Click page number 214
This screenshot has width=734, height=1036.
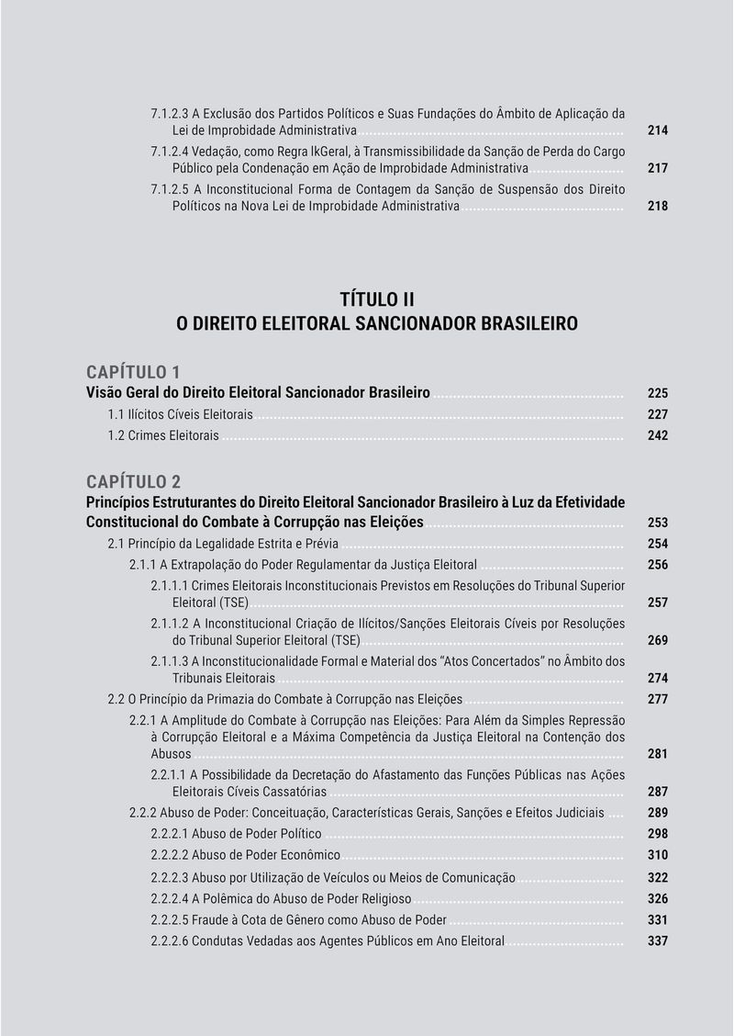pos(657,131)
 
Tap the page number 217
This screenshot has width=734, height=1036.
pos(657,169)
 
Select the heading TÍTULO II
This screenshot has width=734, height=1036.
pos(377,299)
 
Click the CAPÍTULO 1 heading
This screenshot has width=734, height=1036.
pos(133,372)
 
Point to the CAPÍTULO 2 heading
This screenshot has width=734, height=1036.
pos(133,481)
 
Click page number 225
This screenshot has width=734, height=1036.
pos(657,393)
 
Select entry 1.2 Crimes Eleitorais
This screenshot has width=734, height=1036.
pos(163,435)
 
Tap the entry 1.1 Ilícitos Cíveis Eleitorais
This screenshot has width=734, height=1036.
pos(181,414)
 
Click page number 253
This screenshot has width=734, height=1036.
pos(657,523)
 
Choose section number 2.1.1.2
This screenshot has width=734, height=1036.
pos(171,624)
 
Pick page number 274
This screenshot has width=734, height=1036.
pos(657,679)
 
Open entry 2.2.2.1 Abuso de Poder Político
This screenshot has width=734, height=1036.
pos(236,834)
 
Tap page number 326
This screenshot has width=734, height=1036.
pos(657,899)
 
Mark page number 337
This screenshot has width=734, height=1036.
pos(657,941)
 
